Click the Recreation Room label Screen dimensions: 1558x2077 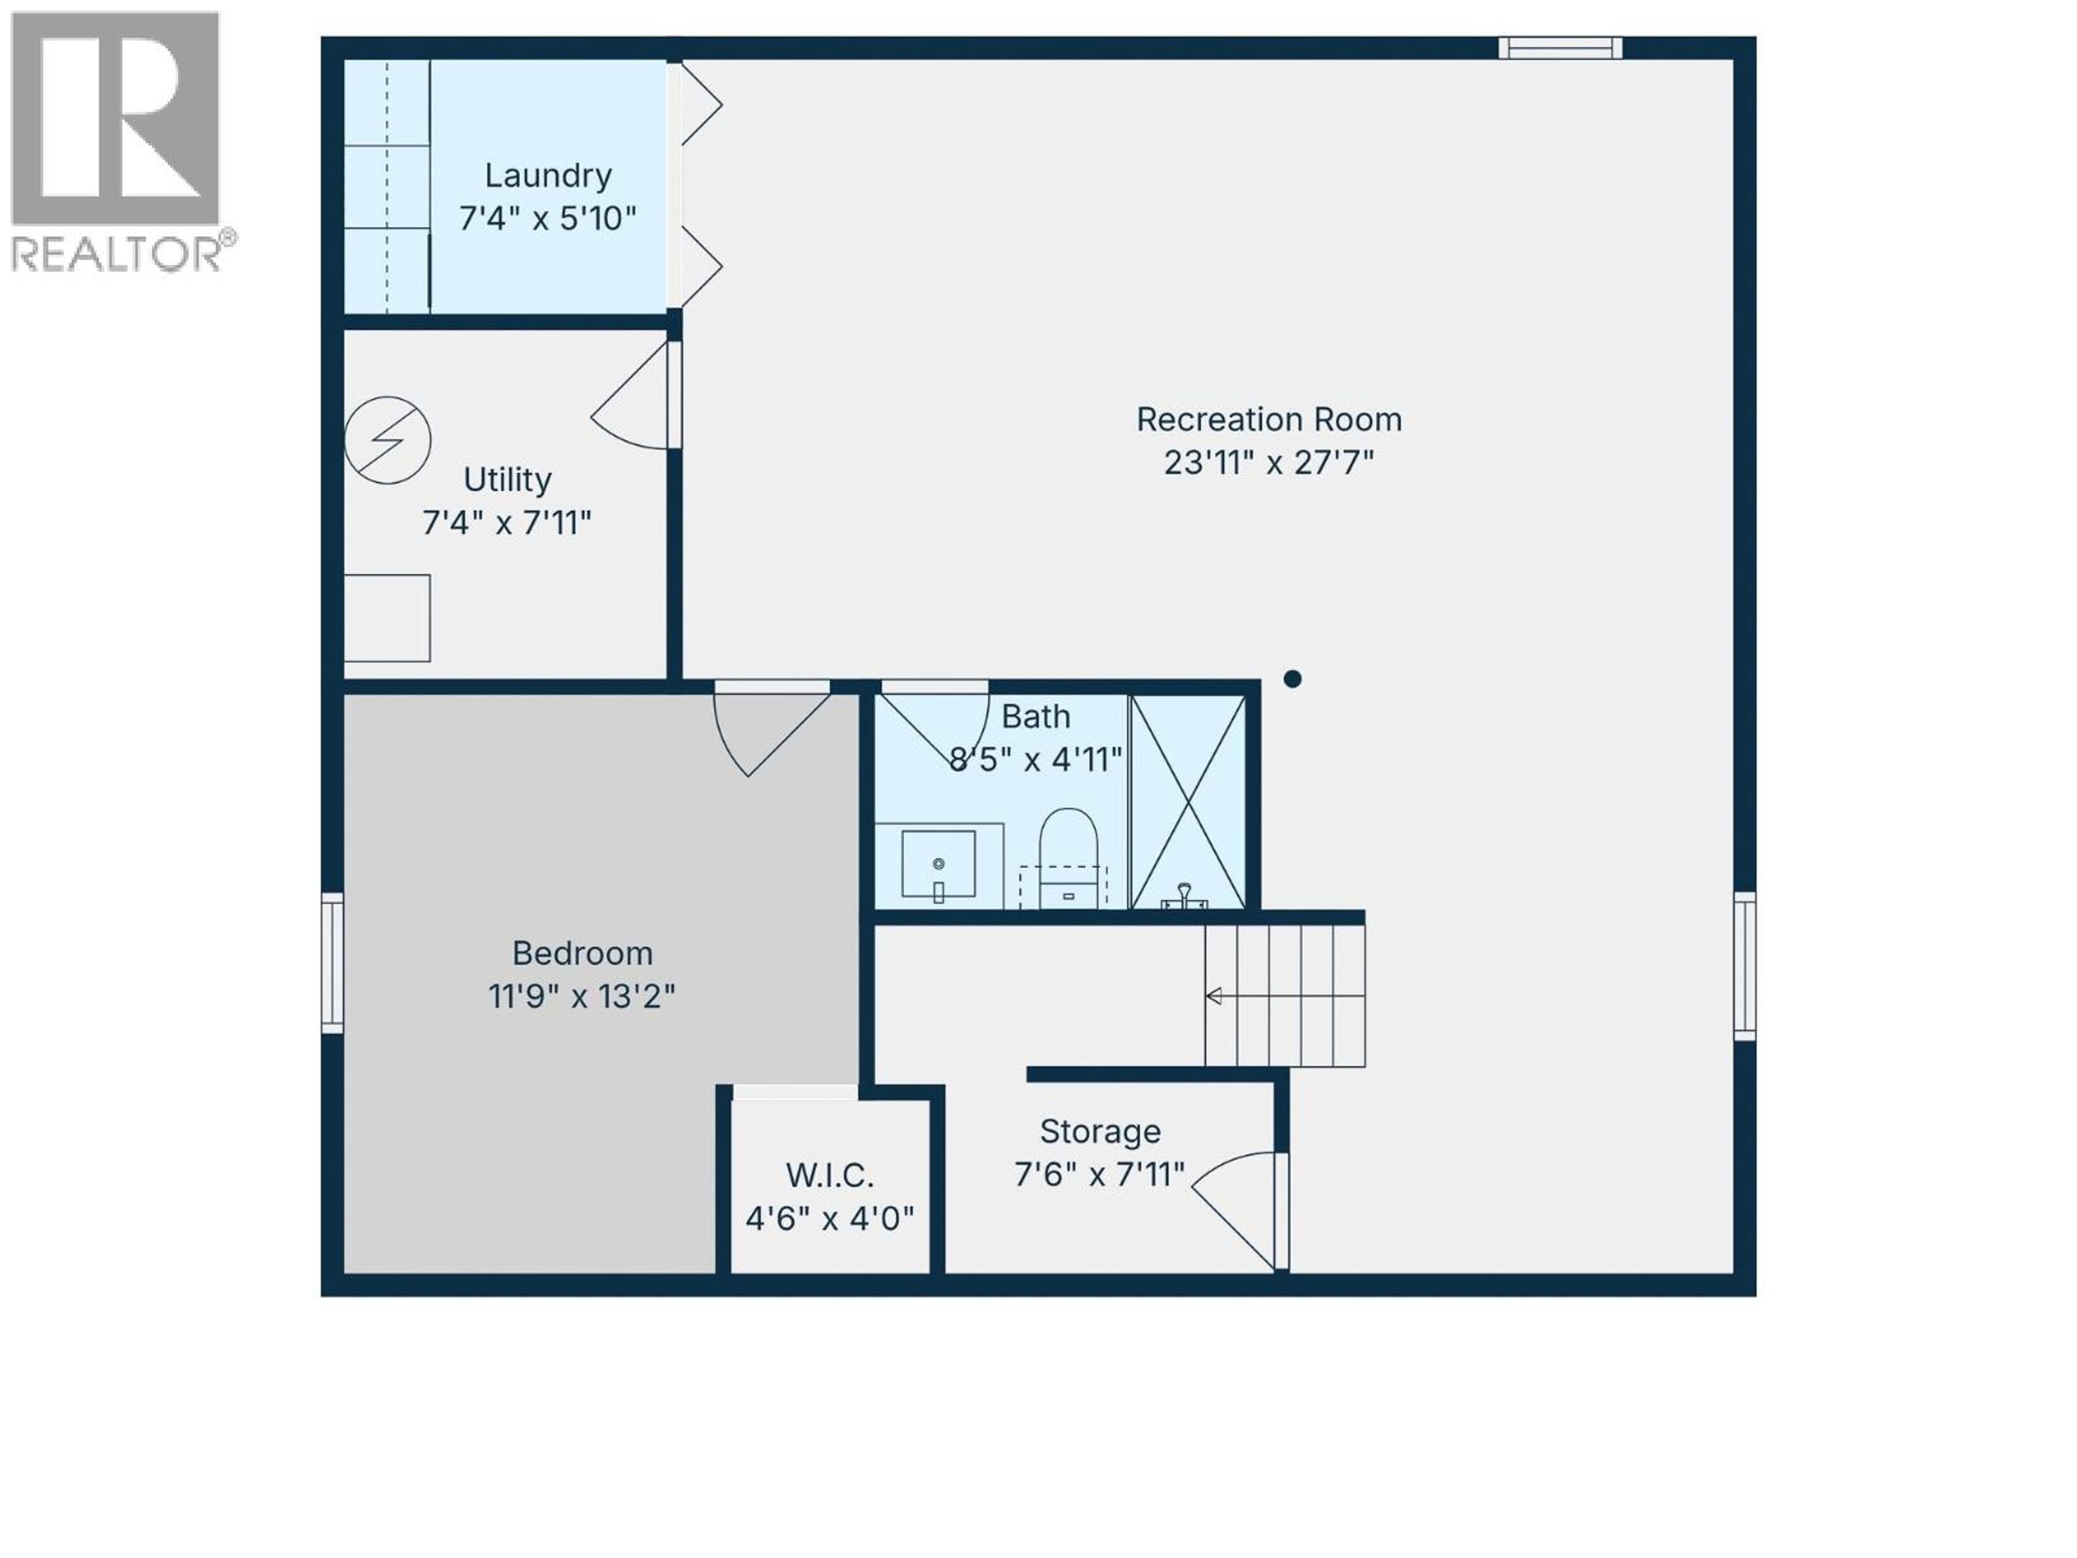(x=1268, y=420)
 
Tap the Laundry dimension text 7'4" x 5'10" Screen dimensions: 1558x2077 (x=547, y=219)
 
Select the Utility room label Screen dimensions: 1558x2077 (x=507, y=480)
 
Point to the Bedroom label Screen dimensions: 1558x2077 (x=582, y=953)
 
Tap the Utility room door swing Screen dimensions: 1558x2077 (x=634, y=399)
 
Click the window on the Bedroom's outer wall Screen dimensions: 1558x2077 (x=333, y=962)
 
